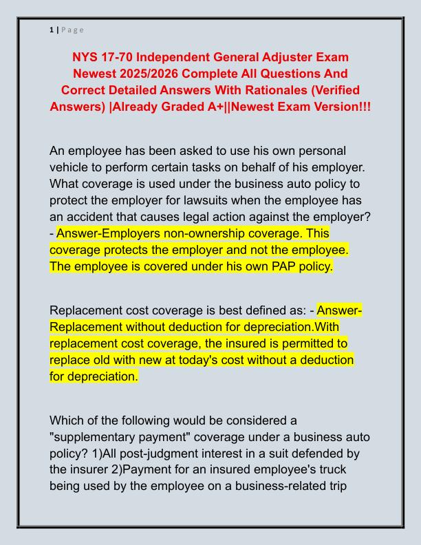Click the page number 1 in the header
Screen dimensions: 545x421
pyautogui.click(x=52, y=30)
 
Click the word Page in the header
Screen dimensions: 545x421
pyautogui.click(x=73, y=30)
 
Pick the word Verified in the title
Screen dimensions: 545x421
pyautogui.click(x=335, y=90)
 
